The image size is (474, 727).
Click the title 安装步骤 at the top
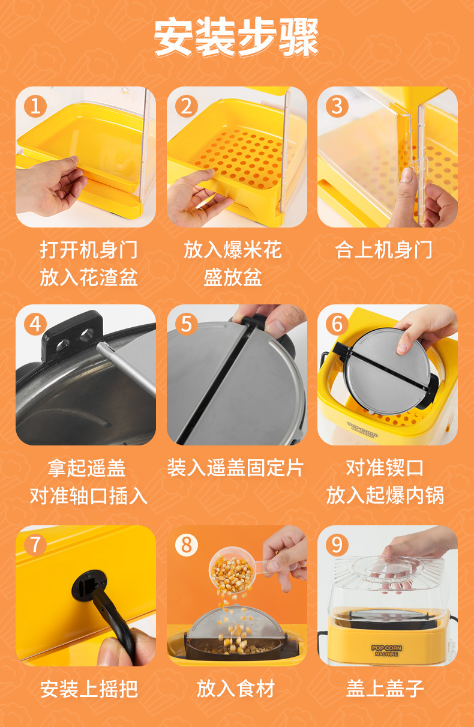[x=236, y=38]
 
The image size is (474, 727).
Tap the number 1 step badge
[x=35, y=106]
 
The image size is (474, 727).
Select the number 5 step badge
[x=187, y=324]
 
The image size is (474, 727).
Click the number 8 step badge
[x=187, y=544]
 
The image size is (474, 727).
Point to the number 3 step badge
[x=337, y=106]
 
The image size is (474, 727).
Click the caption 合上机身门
[x=384, y=250]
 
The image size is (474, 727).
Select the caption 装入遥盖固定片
[x=236, y=468]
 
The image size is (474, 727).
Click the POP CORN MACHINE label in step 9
[x=387, y=651]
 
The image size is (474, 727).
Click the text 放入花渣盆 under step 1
[x=89, y=277]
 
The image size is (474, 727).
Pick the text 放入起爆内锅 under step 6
[x=385, y=496]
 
